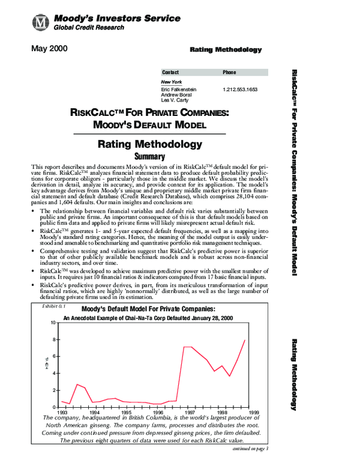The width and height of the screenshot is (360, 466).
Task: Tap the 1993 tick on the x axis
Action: click(62, 413)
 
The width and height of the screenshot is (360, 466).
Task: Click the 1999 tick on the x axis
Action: click(254, 413)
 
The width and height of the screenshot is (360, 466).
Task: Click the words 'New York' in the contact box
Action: click(172, 81)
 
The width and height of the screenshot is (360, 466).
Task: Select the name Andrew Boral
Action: click(174, 94)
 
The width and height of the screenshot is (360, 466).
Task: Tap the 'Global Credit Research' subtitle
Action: click(86, 28)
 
